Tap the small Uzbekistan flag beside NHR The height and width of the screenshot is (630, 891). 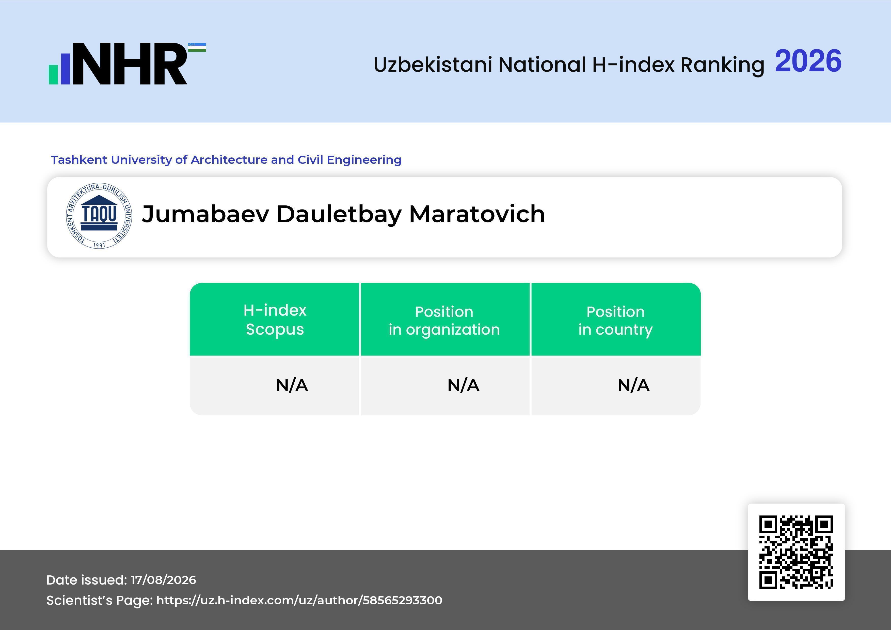197,47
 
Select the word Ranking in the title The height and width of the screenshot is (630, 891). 722,65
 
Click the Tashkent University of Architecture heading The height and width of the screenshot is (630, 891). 226,160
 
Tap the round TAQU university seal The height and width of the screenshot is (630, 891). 99,216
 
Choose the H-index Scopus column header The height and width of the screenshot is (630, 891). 275,320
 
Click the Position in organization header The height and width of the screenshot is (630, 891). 444,320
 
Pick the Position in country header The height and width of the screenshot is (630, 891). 615,320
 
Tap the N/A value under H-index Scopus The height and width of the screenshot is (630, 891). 292,385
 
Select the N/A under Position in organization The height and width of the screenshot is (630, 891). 463,385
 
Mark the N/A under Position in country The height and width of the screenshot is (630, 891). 633,385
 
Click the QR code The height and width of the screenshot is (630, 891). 796,552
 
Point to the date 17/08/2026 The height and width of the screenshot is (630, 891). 163,580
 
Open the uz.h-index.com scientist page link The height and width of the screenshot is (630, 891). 299,600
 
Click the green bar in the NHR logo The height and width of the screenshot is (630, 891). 53,74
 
